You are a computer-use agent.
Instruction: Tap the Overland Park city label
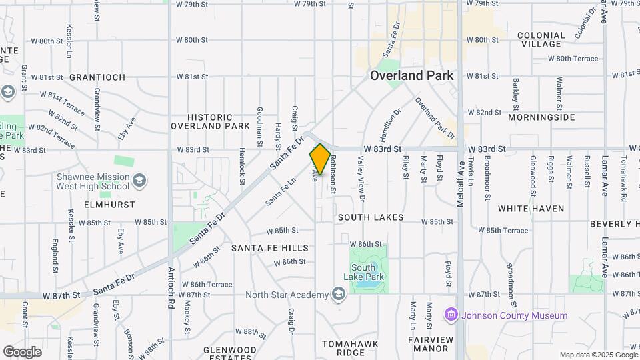click(x=412, y=75)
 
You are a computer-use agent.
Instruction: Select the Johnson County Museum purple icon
click(x=452, y=315)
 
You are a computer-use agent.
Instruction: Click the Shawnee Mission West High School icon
click(x=139, y=181)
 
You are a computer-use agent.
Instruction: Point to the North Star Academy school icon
click(x=339, y=295)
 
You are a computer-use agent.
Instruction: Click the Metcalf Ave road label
click(x=460, y=187)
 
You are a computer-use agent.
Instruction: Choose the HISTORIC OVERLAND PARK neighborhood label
click(x=210, y=121)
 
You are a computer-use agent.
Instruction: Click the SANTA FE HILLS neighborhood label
click(x=270, y=248)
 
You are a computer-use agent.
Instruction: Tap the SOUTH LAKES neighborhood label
click(x=371, y=217)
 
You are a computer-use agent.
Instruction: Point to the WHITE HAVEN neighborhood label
click(x=531, y=209)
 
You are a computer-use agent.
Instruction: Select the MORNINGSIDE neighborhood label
click(x=541, y=117)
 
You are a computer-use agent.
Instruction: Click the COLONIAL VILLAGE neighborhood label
click(x=541, y=39)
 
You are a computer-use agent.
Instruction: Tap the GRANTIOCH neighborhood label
click(x=97, y=77)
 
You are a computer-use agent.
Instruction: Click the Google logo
click(x=22, y=351)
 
